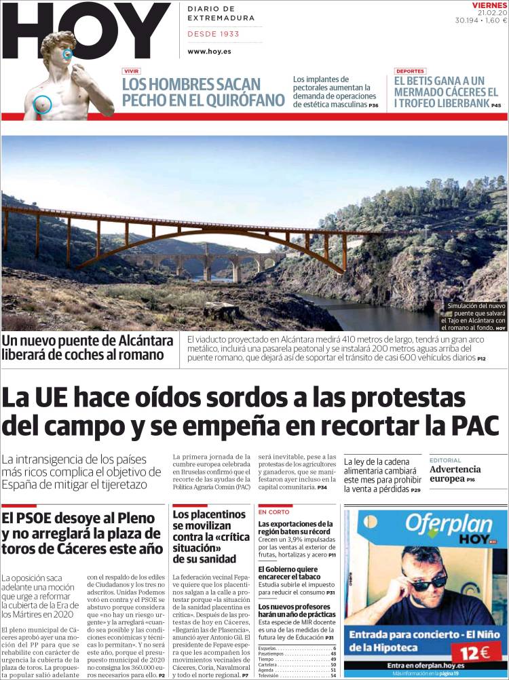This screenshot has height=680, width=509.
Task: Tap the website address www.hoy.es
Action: point(208,51)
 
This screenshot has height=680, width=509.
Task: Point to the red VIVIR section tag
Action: point(132,71)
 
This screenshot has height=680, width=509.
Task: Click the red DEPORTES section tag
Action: point(410,71)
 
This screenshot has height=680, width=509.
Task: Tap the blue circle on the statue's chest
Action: point(42,104)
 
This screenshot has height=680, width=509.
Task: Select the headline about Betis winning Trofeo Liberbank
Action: point(447,92)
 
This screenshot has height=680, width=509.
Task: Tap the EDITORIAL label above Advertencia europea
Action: point(445,460)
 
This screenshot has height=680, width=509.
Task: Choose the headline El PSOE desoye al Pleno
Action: point(82,533)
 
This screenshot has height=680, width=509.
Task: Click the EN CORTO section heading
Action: point(274,512)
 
